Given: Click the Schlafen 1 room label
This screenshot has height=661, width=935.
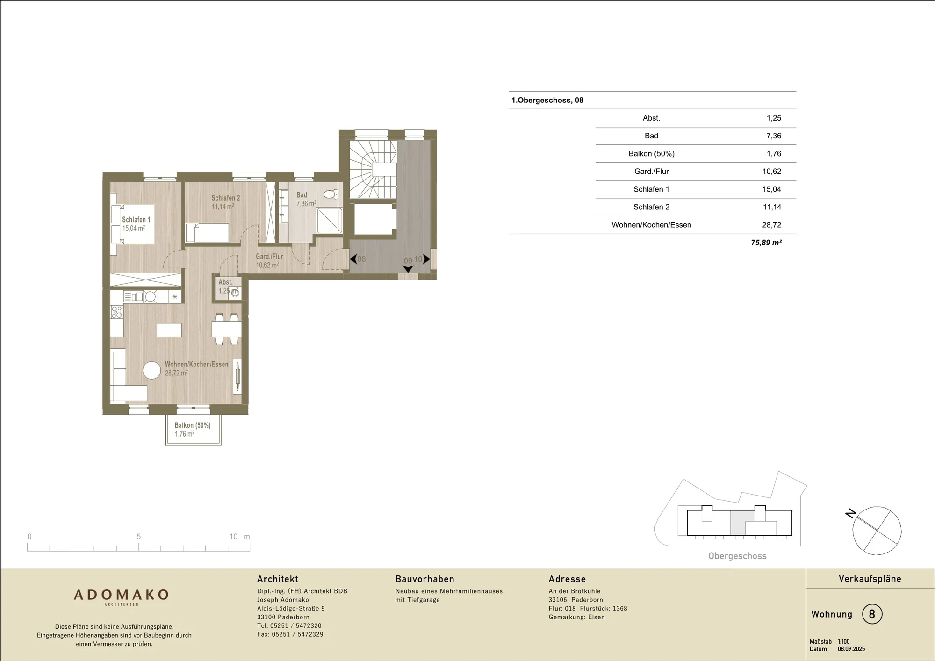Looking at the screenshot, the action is (136, 220).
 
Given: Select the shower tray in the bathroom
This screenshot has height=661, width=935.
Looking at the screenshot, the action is (330, 220).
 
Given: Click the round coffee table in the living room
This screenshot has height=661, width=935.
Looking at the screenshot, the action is (151, 370).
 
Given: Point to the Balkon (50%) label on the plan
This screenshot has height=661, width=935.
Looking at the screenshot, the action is (193, 425).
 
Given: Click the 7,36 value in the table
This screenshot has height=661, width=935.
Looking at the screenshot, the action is (774, 136).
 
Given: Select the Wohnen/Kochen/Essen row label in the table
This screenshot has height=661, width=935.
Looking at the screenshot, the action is (651, 225).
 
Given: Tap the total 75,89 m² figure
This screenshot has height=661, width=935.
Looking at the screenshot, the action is (766, 243).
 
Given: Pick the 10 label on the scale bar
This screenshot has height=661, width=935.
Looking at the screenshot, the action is (233, 537).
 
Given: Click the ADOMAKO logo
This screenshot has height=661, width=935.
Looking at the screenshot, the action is (121, 595).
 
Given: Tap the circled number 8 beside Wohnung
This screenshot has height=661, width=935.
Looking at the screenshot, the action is (872, 614).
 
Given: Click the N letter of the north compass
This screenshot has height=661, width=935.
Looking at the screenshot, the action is (850, 513).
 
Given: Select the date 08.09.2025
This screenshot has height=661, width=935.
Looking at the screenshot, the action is (851, 649).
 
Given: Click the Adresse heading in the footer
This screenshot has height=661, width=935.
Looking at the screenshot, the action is (567, 579).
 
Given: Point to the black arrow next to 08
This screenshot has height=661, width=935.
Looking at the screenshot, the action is (353, 259).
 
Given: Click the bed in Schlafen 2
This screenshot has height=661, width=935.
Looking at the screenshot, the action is (207, 232).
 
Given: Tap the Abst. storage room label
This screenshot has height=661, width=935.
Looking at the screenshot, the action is (225, 282).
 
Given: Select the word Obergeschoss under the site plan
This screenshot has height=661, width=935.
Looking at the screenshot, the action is (737, 556).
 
